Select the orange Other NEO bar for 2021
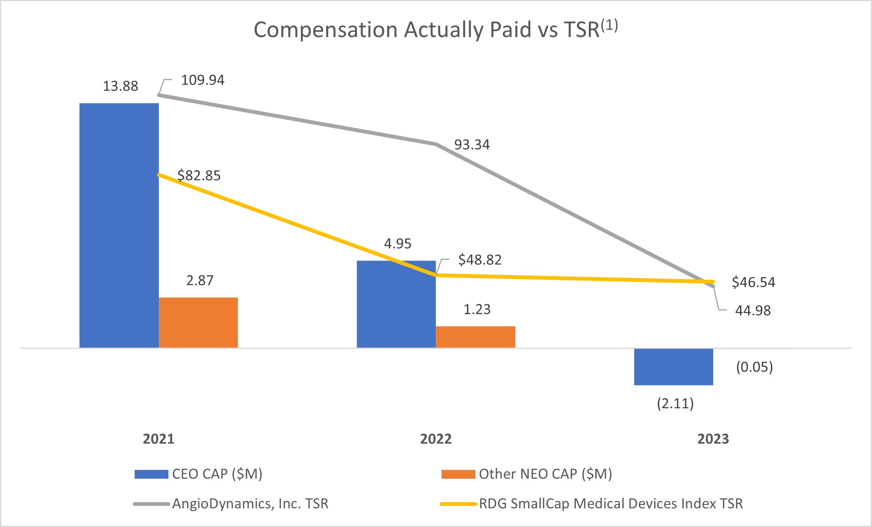coord(198,323)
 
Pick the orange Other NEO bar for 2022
coord(475,337)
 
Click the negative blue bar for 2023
coord(673,367)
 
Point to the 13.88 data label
coord(120,86)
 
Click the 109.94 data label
coord(203,80)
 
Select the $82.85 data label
coord(199,176)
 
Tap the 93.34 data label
coord(472,145)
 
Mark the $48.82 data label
coord(480,260)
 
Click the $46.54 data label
coord(753,282)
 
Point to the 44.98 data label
coord(753,310)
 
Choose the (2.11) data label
coord(675,404)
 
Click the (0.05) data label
coord(754,367)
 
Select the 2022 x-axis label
coord(436,439)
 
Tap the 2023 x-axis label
coord(713,439)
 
